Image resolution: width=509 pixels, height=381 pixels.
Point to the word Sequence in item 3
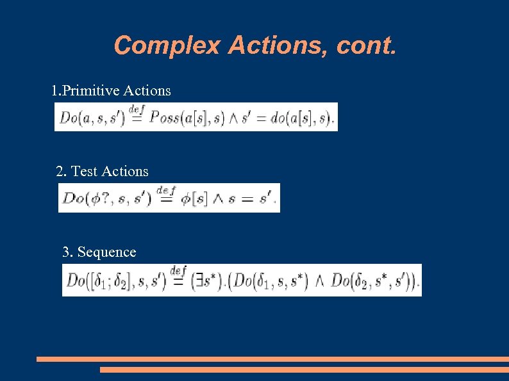(x=106, y=252)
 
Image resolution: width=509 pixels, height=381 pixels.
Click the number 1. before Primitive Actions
(x=56, y=91)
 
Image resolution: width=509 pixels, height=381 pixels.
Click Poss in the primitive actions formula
(x=164, y=118)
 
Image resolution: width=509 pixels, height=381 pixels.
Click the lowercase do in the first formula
(x=279, y=118)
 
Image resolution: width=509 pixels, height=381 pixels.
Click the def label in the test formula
(x=165, y=191)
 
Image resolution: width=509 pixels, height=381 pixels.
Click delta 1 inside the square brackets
(x=105, y=281)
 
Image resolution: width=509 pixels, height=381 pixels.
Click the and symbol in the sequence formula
(x=320, y=281)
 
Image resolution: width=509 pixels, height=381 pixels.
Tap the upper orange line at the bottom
(x=272, y=359)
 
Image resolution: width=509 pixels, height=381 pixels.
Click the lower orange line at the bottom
(x=304, y=369)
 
